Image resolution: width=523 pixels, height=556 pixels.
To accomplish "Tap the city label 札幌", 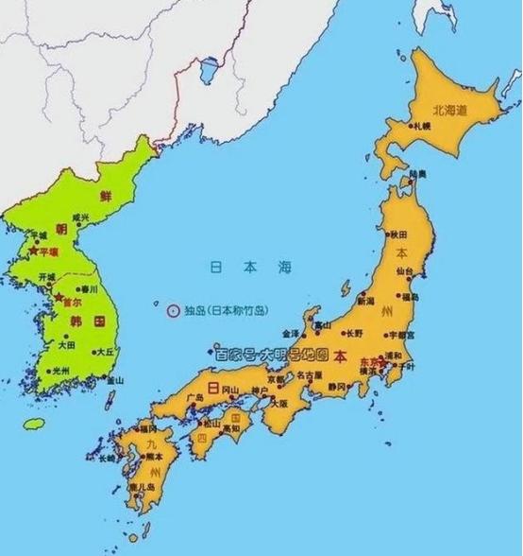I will (422, 125).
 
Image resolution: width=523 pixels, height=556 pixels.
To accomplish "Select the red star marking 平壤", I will (34, 252).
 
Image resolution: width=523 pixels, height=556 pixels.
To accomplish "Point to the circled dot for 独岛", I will (172, 309).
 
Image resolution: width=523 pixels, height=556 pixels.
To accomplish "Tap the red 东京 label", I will (369, 360).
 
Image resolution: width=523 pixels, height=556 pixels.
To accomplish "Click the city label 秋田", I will (398, 233).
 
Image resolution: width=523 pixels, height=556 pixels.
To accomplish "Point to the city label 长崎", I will (105, 457).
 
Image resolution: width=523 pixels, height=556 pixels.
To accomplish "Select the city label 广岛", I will (195, 397).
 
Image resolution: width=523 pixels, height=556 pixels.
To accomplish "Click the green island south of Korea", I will (35, 422).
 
